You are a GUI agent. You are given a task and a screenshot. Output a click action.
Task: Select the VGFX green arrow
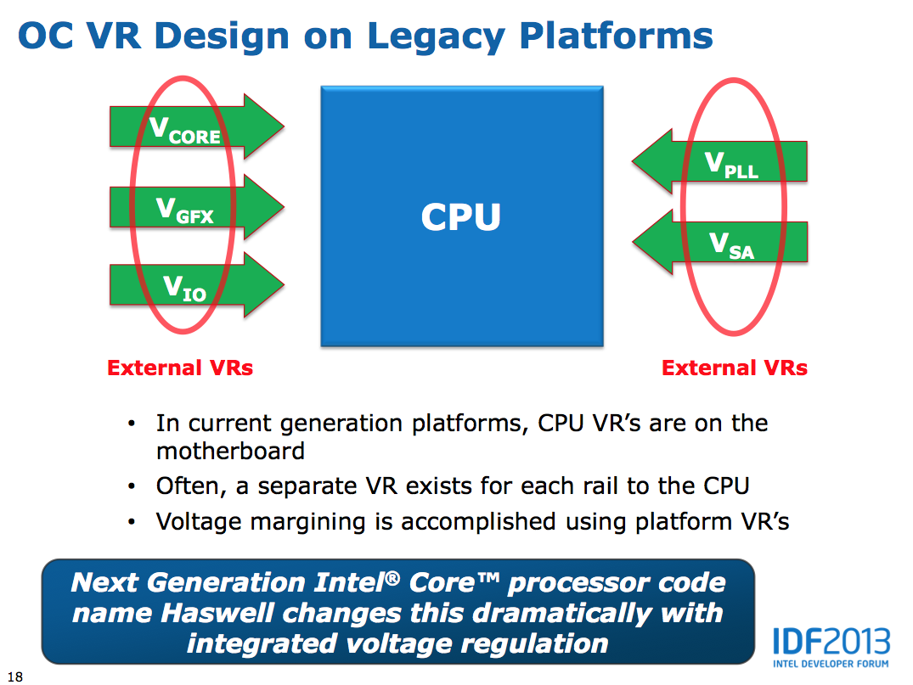click(x=185, y=208)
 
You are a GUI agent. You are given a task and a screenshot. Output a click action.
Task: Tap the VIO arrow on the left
click(x=185, y=286)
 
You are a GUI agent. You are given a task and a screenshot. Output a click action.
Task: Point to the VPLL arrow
click(x=731, y=164)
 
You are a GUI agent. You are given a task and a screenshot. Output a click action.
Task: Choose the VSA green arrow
click(x=731, y=244)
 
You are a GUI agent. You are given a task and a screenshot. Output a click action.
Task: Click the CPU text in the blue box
click(x=461, y=217)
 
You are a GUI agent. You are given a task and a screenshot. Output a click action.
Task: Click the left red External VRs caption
click(x=180, y=368)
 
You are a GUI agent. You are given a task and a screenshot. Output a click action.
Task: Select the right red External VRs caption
click(x=735, y=368)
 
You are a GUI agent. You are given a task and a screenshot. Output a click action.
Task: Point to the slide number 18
click(x=14, y=677)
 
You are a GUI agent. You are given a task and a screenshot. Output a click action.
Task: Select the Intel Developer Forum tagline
click(x=831, y=662)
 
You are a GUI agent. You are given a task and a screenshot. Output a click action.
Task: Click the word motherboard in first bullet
click(x=230, y=451)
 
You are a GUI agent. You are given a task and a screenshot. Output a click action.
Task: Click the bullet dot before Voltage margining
click(x=130, y=521)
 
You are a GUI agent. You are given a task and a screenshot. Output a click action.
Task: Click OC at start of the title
click(x=49, y=36)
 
